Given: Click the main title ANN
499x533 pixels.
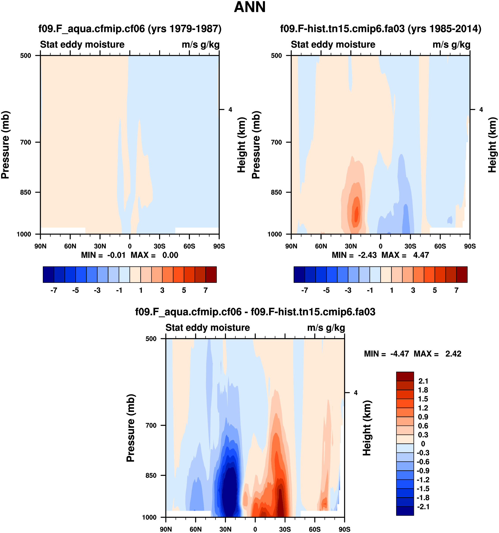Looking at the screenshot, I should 249,7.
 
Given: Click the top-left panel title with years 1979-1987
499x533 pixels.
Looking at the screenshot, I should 130,28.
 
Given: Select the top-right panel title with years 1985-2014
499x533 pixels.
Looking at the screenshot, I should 380,28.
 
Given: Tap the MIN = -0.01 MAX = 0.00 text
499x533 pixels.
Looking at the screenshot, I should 130,255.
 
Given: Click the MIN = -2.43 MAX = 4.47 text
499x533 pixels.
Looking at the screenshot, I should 380,255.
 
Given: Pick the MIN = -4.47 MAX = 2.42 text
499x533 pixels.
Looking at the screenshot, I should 412,354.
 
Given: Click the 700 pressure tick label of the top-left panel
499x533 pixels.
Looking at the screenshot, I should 26,142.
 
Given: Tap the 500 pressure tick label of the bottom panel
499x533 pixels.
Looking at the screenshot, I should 151,339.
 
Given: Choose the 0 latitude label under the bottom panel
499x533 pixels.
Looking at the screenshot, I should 255,529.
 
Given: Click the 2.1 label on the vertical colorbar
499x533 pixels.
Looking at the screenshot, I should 423,381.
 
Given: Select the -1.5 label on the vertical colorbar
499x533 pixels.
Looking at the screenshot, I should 423,488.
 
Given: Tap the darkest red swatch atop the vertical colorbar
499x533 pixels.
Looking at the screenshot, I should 405,376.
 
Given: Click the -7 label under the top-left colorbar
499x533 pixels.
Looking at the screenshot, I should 54,290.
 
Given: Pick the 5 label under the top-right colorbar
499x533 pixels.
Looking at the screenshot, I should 435,290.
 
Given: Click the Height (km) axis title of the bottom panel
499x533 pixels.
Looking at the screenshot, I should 367,428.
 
